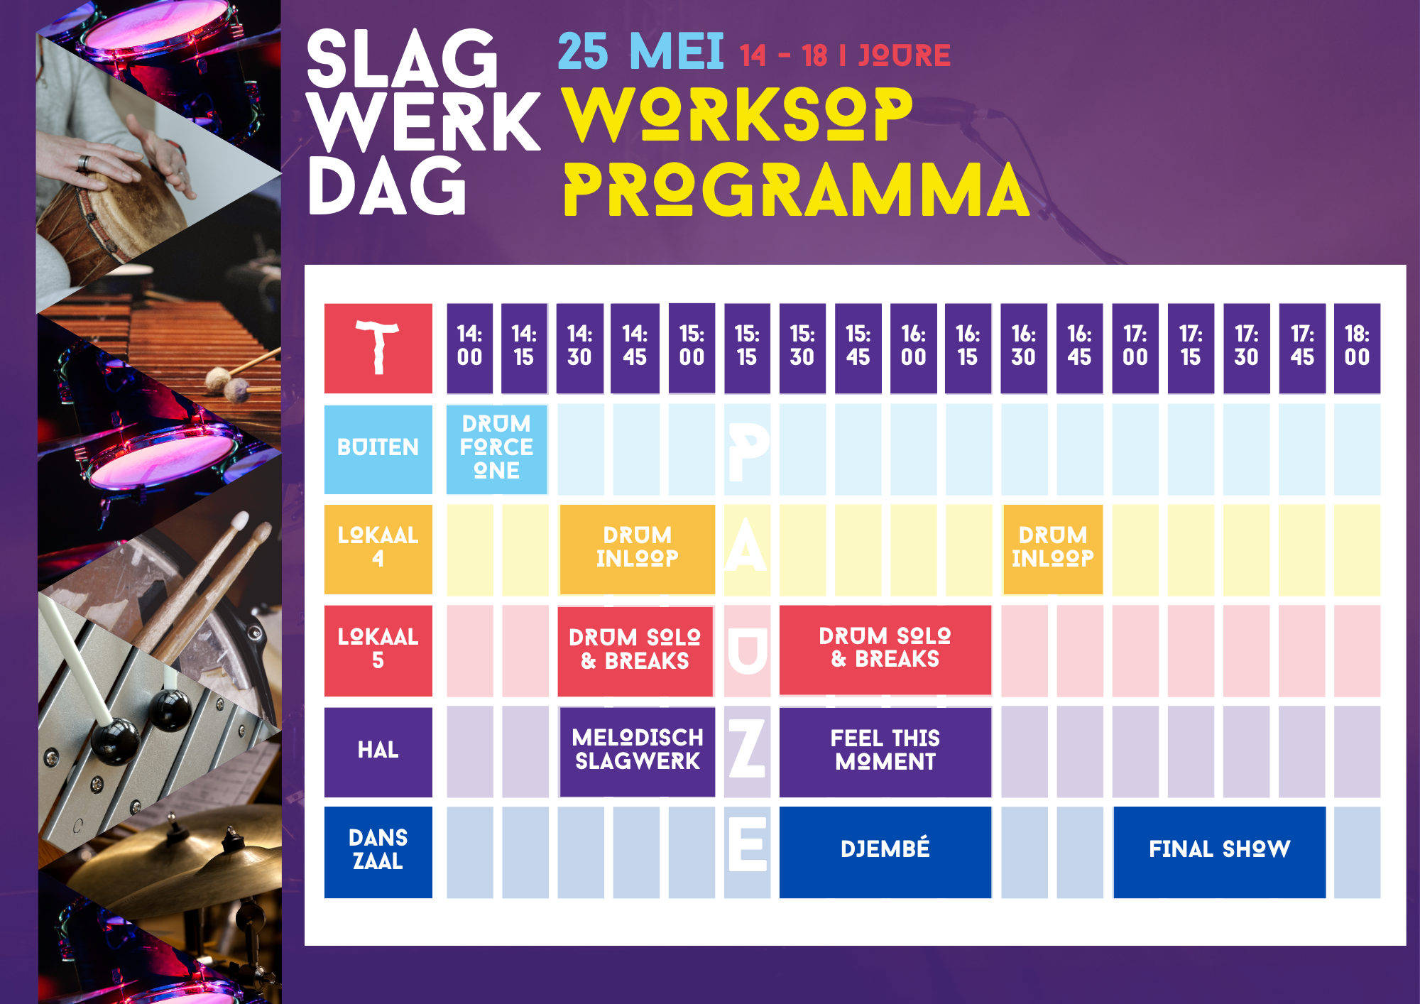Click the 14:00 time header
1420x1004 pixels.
pos(469,348)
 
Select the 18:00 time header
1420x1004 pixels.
pos(1357,348)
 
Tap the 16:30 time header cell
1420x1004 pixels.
pos(1023,348)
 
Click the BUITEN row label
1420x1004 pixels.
pos(378,449)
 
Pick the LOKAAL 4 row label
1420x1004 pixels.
pos(378,549)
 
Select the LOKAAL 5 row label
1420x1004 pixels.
pos(378,650)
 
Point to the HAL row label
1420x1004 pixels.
pos(378,751)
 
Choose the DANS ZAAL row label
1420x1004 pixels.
pos(378,851)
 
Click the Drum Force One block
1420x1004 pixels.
pos(496,449)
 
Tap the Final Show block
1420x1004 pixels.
pos(1219,851)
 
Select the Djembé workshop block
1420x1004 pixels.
pos(885,851)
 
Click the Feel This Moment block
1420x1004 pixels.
pos(885,751)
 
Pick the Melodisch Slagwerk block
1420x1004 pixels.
pos(637,751)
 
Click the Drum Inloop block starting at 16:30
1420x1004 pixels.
pos(1052,549)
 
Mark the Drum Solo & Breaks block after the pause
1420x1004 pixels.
pos(885,650)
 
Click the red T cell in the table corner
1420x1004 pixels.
pos(378,348)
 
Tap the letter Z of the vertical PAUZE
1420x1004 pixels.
pos(747,748)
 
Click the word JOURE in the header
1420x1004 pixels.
pos(904,55)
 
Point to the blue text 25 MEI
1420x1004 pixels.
pos(640,52)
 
